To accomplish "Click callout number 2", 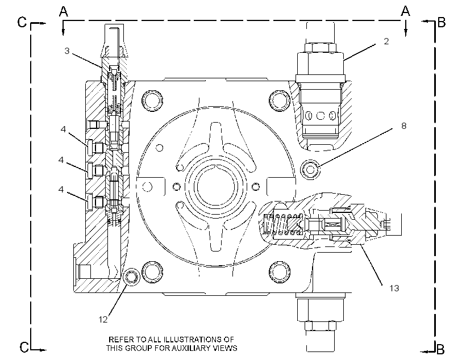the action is (386, 41).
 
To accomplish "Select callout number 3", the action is (67, 51).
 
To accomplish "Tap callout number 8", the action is (403, 126).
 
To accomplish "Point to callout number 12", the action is (103, 319).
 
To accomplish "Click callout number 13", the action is (394, 288).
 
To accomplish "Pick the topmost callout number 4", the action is (63, 129).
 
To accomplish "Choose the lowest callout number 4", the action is (61, 189).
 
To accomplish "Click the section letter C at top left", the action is (22, 22).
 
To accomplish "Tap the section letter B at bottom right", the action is (441, 349).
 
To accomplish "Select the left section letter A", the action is (64, 11).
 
